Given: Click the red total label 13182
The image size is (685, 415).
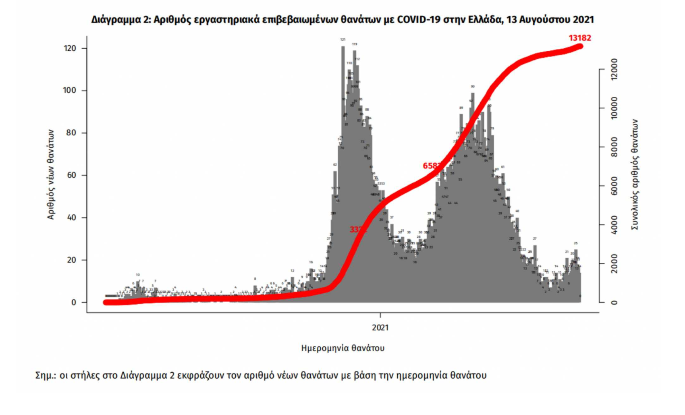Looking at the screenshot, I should coord(579,38).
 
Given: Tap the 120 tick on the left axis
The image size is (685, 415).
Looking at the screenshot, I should coord(70,48).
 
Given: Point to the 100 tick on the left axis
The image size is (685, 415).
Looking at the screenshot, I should coord(70,91).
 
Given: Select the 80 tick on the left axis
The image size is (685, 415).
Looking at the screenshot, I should coord(71,133).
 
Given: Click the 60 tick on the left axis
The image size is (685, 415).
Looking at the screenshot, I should coord(71,175).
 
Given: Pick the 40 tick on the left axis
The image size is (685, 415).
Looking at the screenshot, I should coord(71,218).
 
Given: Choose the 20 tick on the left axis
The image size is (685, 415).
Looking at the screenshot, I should coord(71,260).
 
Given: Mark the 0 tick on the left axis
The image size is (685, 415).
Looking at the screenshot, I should coord(73,302).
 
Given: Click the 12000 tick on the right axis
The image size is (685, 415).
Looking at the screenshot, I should coord(614,69).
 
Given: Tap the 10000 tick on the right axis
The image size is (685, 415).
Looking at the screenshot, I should coord(614,108).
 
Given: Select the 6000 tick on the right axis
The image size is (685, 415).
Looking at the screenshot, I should coord(614,186).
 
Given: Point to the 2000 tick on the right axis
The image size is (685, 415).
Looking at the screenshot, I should coord(614,264).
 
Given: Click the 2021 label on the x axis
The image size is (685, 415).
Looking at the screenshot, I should coord(380,327).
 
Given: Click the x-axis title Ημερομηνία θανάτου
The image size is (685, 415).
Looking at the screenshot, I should coord(342,348).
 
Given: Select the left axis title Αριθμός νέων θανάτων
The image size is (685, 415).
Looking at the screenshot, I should coord(51,174).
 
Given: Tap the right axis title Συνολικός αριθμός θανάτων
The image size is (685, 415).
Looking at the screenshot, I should coord(635,174).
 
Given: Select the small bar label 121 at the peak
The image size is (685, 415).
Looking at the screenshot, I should coord(343,39).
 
